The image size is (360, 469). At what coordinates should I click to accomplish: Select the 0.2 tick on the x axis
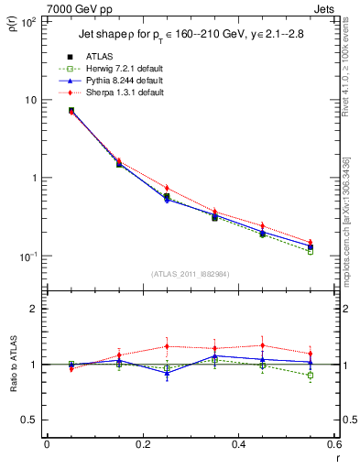click(142, 445)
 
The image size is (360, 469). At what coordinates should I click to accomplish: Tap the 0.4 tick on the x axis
click(238, 445)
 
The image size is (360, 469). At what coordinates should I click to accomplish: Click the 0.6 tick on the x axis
click(333, 445)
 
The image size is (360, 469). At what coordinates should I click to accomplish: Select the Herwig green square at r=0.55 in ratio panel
click(311, 376)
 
